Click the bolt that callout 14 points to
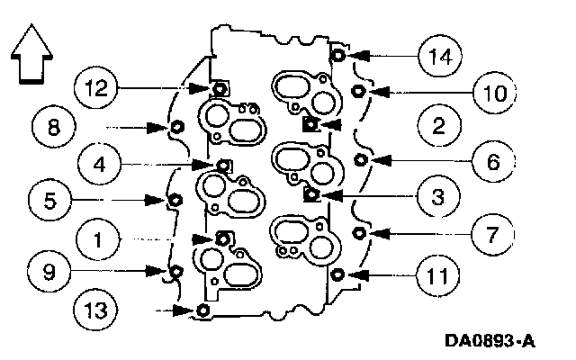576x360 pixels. click(337, 55)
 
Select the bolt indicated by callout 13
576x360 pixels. click(202, 310)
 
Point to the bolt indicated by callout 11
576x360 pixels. click(337, 274)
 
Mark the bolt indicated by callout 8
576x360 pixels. click(176, 127)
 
